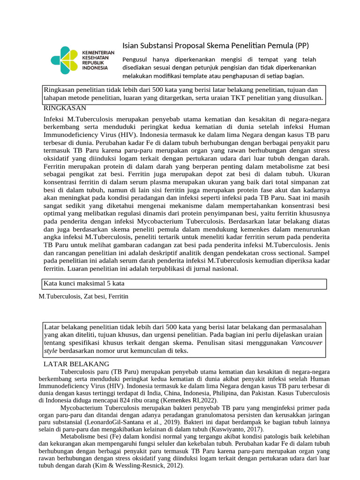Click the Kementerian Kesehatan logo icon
(x=65, y=60)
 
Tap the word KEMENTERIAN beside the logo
(x=98, y=52)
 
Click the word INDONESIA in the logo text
(x=95, y=67)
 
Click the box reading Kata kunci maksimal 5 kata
(x=185, y=284)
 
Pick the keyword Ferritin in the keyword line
(x=118, y=297)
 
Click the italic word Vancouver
(x=307, y=343)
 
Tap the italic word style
(x=51, y=351)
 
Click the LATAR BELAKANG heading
(x=76, y=364)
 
